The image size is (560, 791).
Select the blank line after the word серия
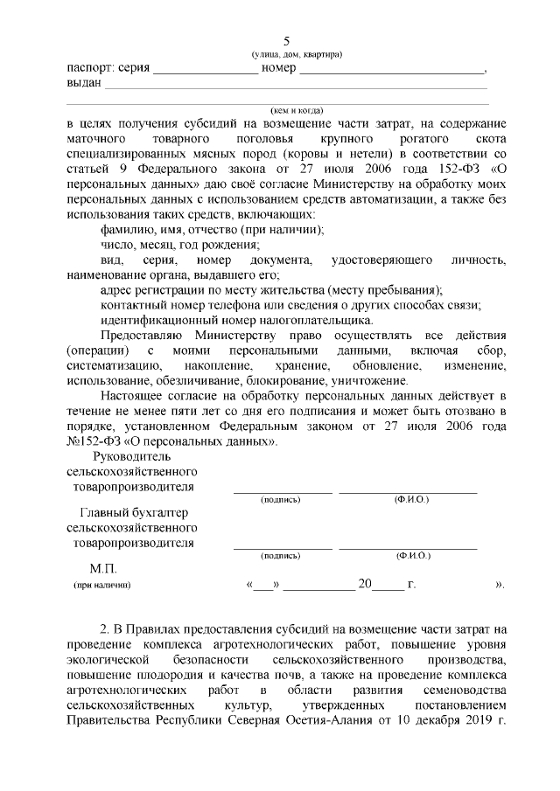coord(206,72)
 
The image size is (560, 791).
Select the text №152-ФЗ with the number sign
coord(95,442)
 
